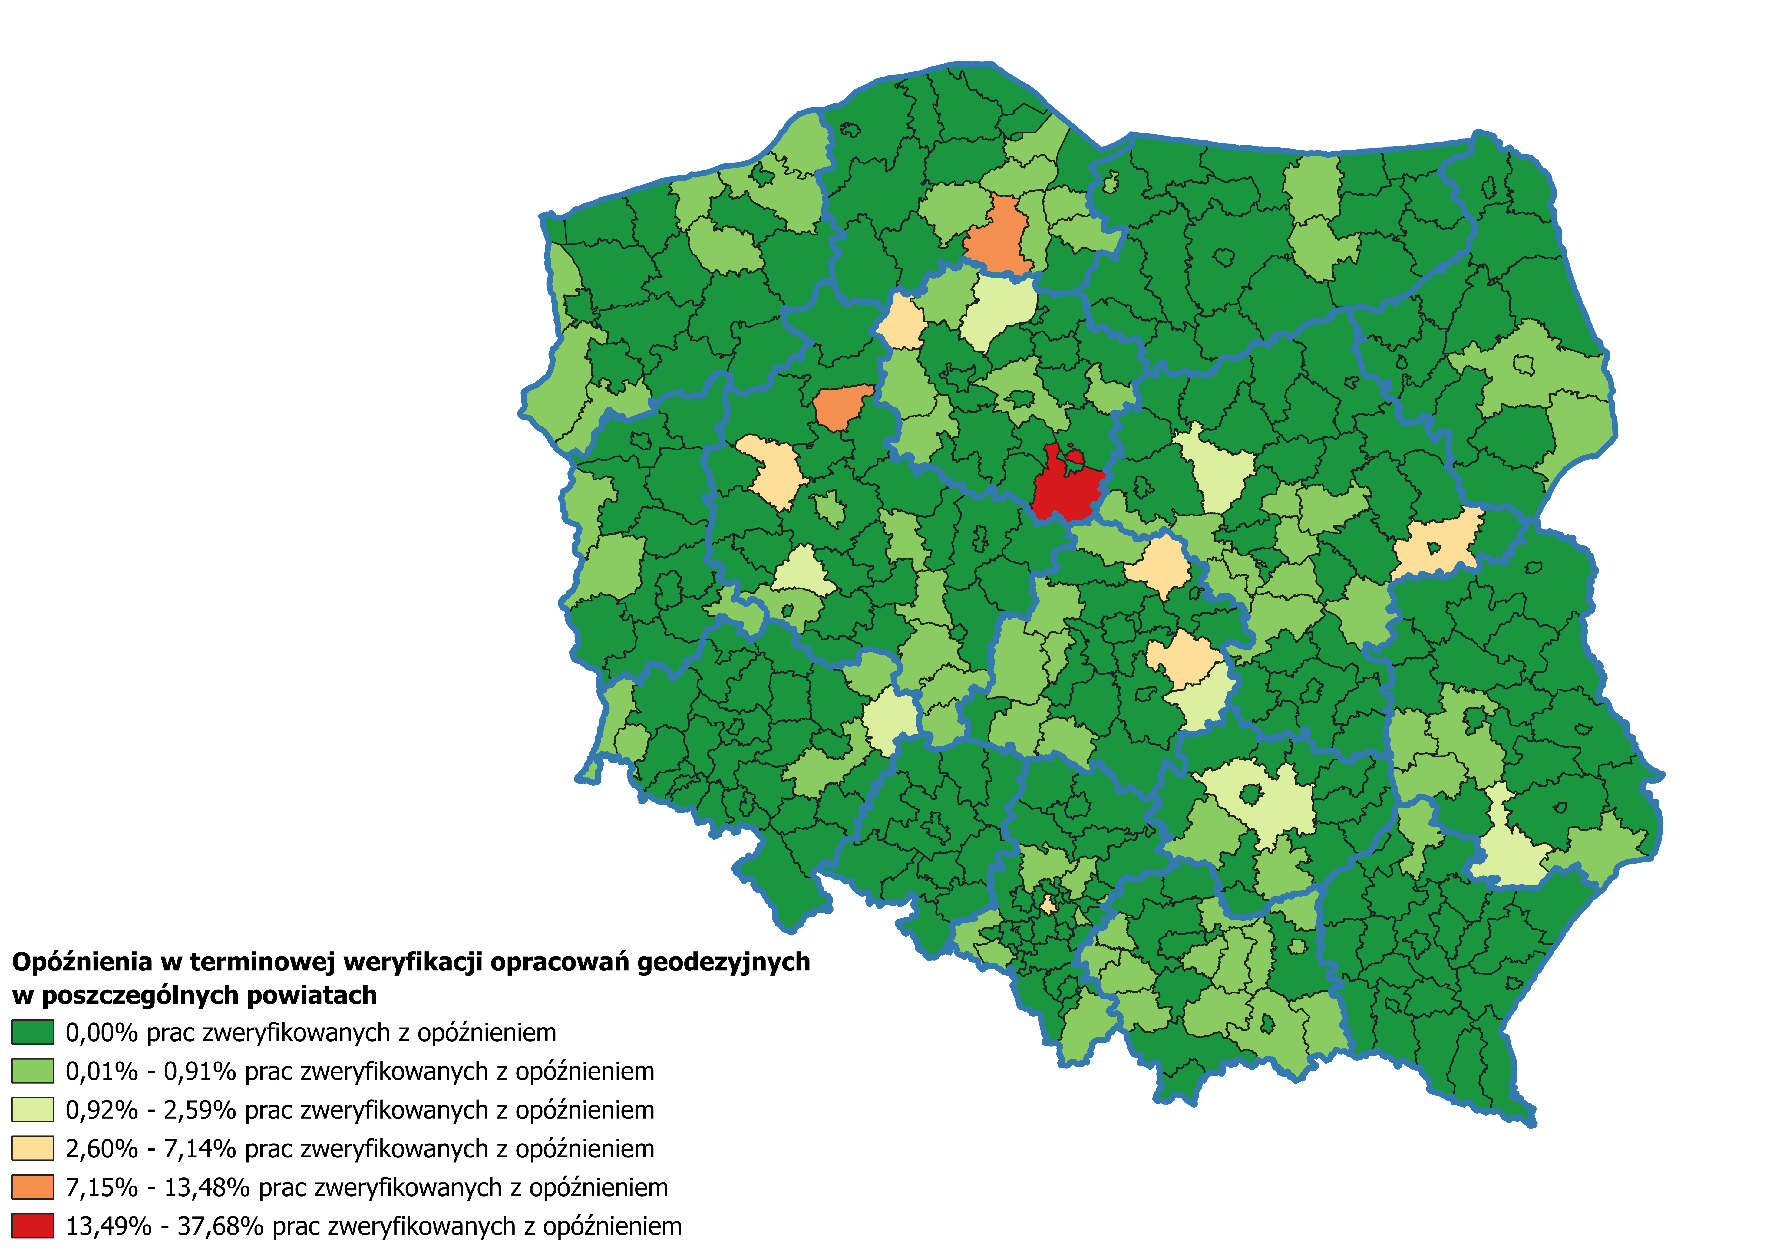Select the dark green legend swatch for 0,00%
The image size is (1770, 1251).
pos(32,1032)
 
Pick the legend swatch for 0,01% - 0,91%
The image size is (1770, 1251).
pos(32,1071)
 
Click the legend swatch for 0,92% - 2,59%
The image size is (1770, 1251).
pos(32,1109)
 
